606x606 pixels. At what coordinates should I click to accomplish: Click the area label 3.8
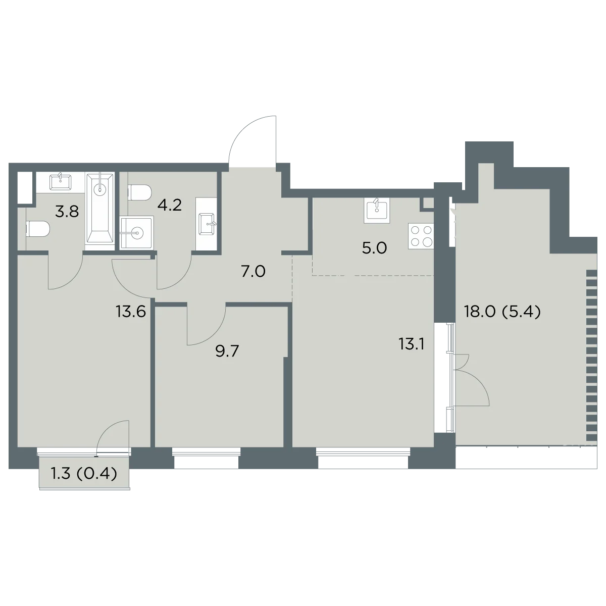click(x=67, y=212)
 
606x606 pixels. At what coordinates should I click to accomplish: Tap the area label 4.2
click(x=170, y=205)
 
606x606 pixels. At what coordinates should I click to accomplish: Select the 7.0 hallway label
click(x=254, y=271)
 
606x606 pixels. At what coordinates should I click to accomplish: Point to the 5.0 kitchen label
click(x=374, y=248)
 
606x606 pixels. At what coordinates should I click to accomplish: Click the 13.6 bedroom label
click(x=131, y=312)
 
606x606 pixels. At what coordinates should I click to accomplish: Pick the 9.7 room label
click(x=227, y=351)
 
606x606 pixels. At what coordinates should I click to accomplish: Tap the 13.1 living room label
click(x=412, y=345)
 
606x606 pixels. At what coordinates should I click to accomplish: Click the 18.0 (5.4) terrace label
click(x=502, y=312)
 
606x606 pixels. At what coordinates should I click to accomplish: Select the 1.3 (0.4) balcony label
click(x=84, y=474)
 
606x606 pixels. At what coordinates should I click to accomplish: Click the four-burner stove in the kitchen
click(x=421, y=236)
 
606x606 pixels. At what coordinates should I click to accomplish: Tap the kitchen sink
click(x=377, y=211)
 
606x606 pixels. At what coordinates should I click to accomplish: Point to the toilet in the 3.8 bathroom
click(x=38, y=229)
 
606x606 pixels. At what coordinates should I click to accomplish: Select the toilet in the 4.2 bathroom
click(x=140, y=192)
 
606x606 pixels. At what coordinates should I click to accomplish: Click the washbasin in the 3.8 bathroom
click(x=61, y=182)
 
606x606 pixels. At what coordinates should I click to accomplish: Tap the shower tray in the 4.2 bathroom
click(x=137, y=233)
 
